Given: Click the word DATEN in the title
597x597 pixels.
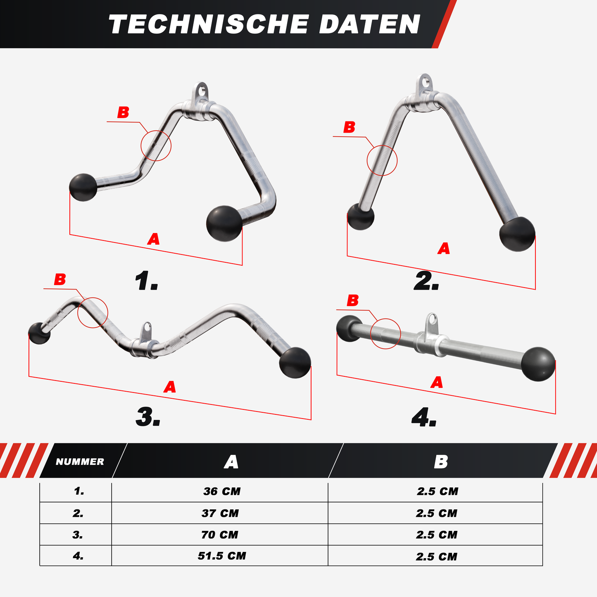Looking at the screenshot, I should [x=369, y=24].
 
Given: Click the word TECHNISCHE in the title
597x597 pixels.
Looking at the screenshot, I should [x=209, y=24].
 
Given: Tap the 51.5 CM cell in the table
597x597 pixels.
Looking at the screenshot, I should [x=222, y=556].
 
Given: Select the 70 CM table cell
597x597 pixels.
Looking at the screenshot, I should [x=220, y=535].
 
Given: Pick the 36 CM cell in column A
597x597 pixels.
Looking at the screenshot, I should [x=222, y=491].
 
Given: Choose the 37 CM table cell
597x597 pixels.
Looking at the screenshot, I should [x=220, y=513].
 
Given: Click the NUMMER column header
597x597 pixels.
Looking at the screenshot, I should [x=80, y=461].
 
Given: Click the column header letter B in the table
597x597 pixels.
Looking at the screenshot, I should [x=441, y=461].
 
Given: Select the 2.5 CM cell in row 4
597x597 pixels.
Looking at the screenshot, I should [x=437, y=557].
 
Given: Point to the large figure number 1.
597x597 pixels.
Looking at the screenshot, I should [x=146, y=281].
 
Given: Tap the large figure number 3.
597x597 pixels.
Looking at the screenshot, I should [x=147, y=417].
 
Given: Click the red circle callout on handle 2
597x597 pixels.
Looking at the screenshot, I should [x=382, y=160].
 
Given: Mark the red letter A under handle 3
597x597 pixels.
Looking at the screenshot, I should [x=170, y=387].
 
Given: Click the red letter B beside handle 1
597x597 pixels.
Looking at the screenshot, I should [x=123, y=112].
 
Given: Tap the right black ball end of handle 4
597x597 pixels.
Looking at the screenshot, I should [x=538, y=364].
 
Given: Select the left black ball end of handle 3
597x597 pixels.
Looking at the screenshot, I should [x=39, y=333].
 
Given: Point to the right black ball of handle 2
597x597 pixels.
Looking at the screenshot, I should [x=517, y=234].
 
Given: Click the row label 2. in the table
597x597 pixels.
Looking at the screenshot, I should [x=78, y=513].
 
